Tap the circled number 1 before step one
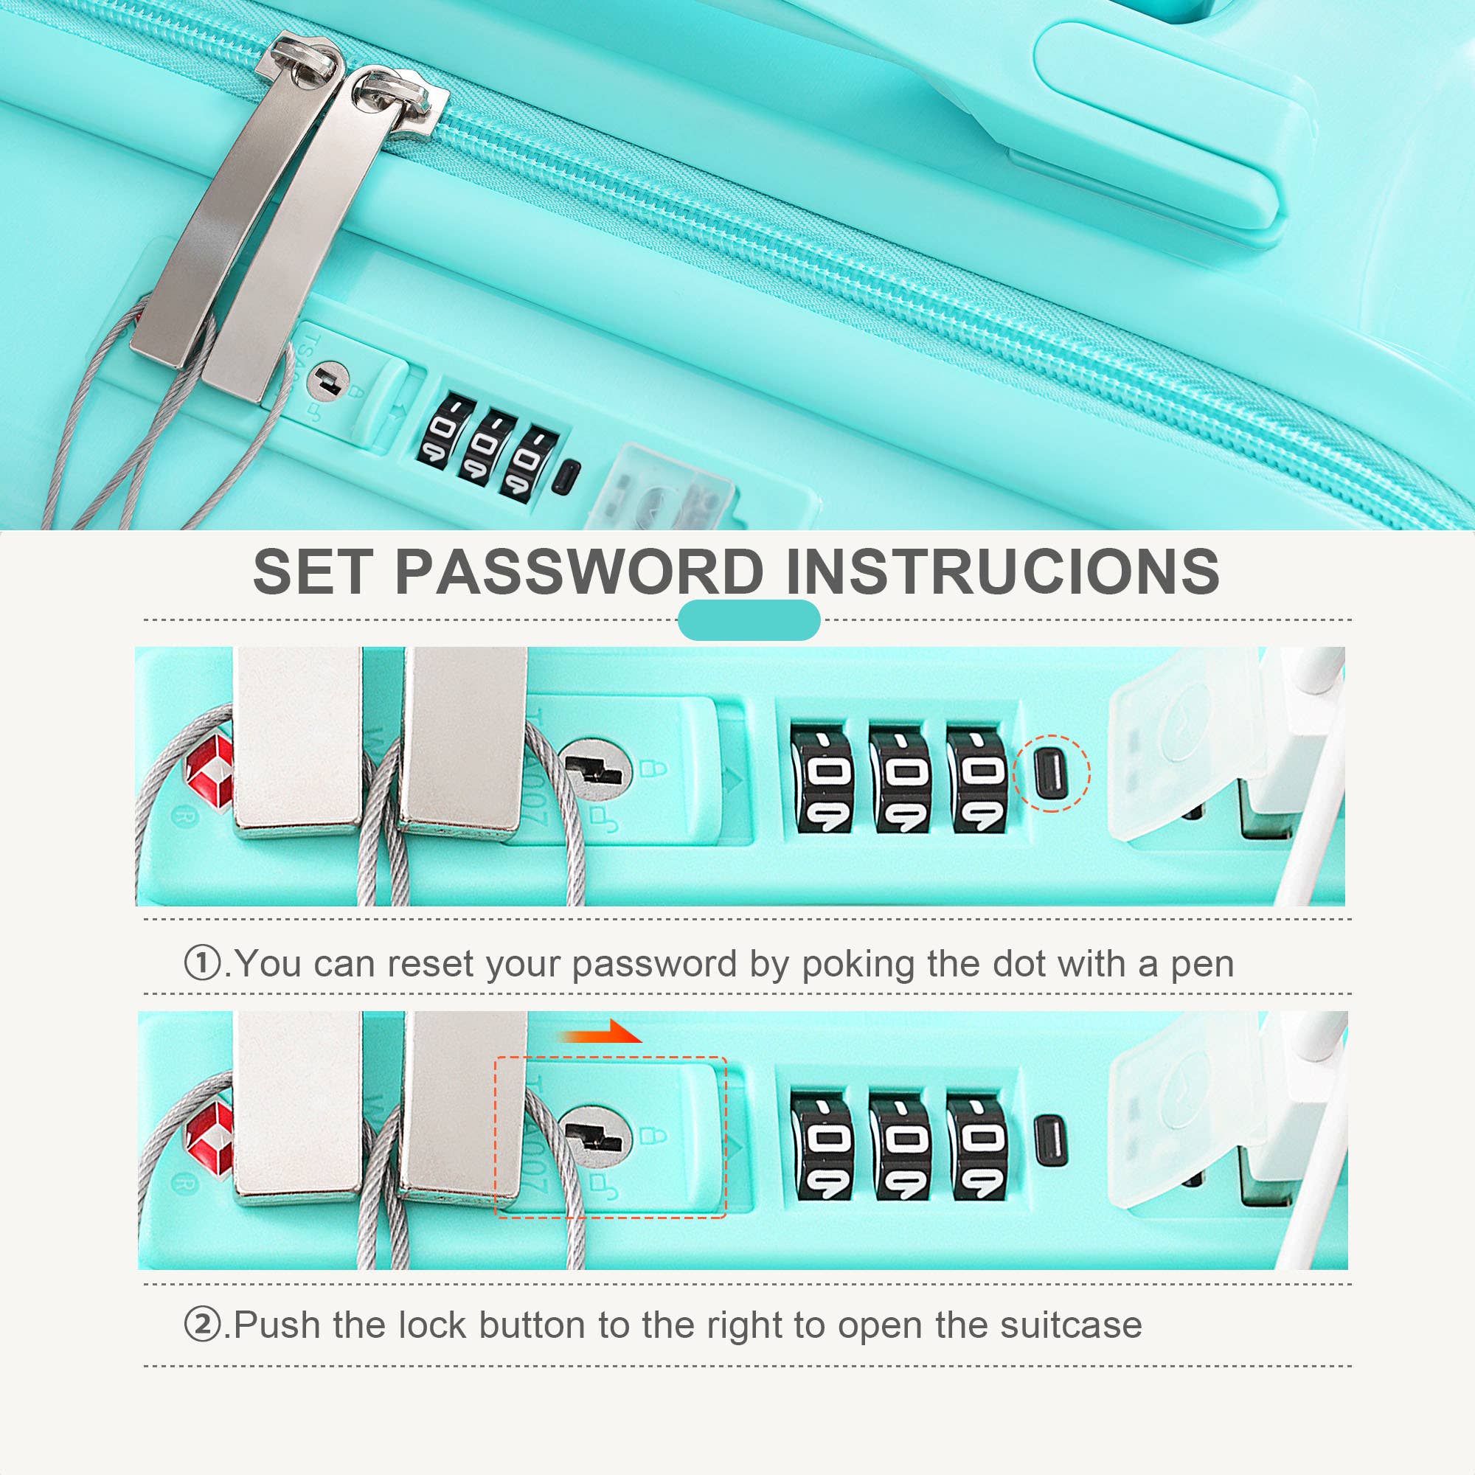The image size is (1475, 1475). (x=202, y=962)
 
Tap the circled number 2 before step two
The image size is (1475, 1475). (x=202, y=1325)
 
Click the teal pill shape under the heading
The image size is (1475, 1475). (x=748, y=620)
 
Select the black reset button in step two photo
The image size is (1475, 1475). (x=1050, y=1139)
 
